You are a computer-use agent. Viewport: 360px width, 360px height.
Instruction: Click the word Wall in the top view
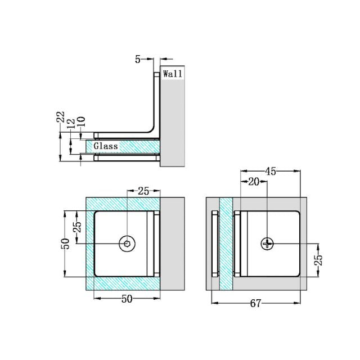[173, 74]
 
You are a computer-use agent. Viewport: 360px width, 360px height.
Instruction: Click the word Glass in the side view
[106, 146]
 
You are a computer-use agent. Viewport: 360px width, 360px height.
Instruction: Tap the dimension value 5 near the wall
[138, 59]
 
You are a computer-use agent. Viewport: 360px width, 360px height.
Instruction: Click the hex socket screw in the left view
[127, 244]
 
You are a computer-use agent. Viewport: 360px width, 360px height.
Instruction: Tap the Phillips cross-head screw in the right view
[267, 244]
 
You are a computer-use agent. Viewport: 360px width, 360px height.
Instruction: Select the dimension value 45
[271, 172]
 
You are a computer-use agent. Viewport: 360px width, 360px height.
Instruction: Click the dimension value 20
[254, 181]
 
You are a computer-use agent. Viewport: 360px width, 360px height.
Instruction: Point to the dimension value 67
[255, 304]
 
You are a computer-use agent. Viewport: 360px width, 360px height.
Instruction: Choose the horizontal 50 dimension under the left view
[127, 299]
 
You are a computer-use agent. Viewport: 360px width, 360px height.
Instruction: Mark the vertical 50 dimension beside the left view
[66, 244]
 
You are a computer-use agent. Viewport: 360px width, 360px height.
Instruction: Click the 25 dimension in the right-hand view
[318, 259]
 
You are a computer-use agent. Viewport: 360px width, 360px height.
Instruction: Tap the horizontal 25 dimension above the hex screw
[143, 191]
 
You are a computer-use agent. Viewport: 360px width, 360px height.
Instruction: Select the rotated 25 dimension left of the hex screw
[78, 227]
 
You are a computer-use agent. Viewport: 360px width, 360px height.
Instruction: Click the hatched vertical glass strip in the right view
[226, 243]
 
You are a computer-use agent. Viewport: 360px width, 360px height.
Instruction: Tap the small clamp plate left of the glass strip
[214, 243]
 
